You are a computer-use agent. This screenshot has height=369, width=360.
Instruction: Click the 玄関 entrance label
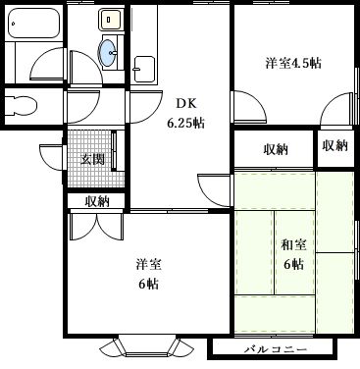92,159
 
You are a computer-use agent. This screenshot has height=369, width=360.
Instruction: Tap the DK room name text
186,101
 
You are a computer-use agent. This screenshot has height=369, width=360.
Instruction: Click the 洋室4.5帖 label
293,62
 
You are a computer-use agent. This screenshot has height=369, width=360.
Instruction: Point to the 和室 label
293,243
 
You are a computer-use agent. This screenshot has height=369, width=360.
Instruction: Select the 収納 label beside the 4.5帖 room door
334,145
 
